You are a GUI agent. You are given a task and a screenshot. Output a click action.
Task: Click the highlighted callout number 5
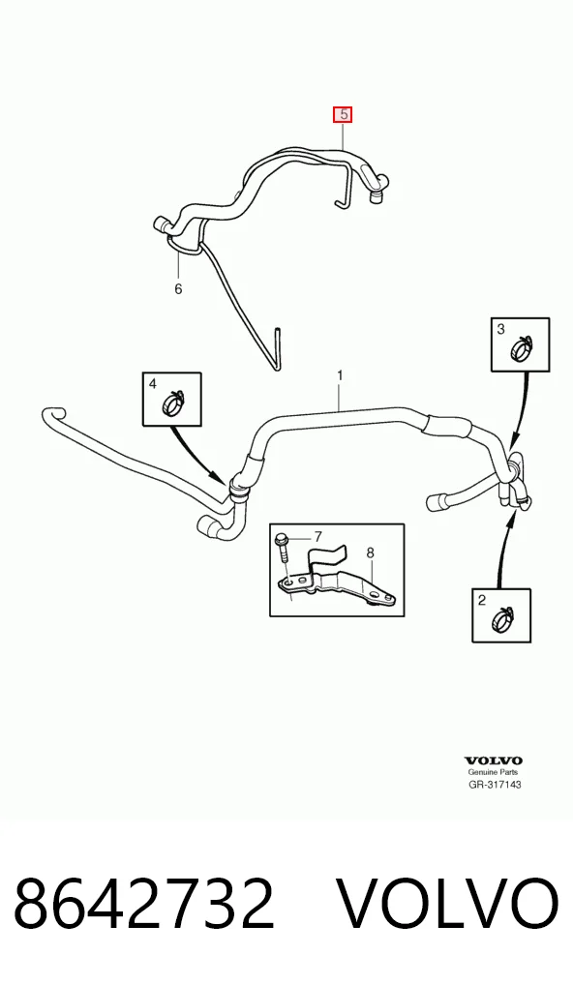tap(343, 115)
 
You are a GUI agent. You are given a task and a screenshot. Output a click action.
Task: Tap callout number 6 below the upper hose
tap(178, 289)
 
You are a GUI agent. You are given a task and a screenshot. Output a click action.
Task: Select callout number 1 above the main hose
tap(340, 375)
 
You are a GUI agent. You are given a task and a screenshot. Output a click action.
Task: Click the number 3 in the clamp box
tap(500, 329)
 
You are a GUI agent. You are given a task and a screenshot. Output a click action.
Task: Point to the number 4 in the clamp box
tap(153, 383)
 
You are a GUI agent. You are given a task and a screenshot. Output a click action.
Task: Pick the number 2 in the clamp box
tap(482, 600)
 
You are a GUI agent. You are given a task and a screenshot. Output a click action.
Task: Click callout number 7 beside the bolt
tap(317, 536)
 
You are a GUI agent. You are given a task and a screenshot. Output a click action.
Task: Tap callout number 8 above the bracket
tap(371, 552)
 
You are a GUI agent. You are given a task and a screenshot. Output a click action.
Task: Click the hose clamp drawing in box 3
tap(522, 348)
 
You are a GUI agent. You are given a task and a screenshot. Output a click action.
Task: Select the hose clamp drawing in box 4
tap(174, 403)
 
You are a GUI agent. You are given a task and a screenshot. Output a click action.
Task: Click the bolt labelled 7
tap(281, 549)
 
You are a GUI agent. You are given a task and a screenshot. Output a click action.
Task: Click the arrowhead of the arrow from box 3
tap(514, 443)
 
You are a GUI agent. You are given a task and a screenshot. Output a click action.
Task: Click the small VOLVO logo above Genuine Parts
tap(494, 761)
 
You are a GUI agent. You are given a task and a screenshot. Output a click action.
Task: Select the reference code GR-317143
tap(495, 784)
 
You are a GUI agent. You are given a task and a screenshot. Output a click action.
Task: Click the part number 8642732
tap(144, 904)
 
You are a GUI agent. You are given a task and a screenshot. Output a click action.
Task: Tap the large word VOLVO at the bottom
tap(448, 904)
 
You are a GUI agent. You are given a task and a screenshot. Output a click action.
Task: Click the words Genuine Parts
tap(494, 772)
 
